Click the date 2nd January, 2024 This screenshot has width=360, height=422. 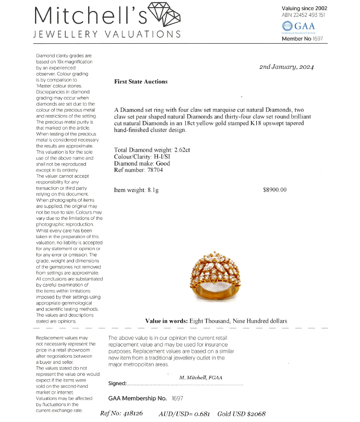(x=286, y=67)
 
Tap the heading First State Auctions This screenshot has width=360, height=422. (x=141, y=82)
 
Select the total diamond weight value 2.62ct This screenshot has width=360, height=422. (x=182, y=150)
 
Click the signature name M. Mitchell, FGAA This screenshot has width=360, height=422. (x=200, y=377)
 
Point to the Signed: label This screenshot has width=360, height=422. (x=118, y=383)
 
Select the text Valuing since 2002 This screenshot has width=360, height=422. (x=305, y=8)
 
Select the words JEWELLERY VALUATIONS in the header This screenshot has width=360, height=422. (x=107, y=34)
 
